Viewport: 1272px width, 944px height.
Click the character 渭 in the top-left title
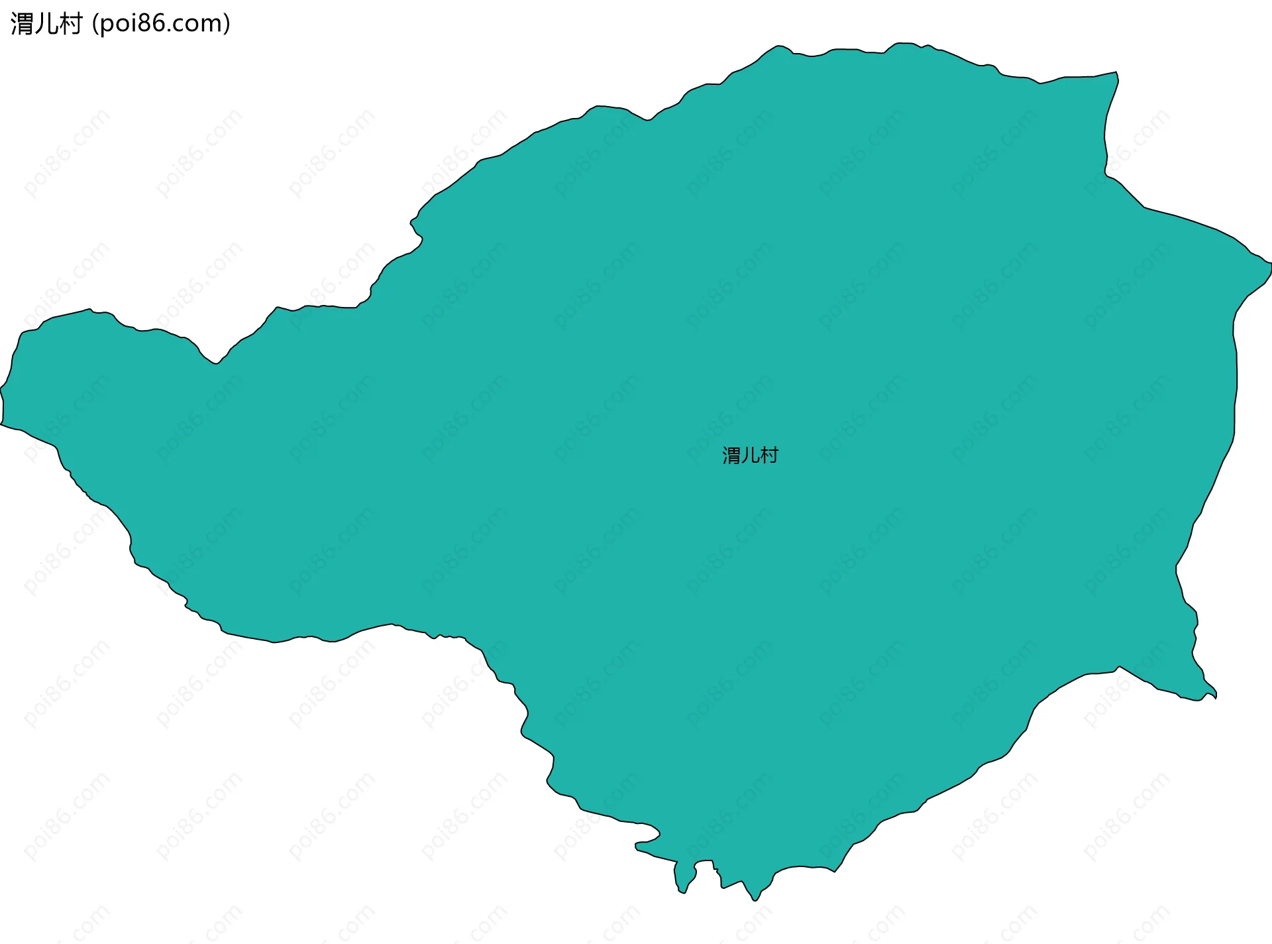point(22,24)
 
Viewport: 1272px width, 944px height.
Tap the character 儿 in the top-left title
point(46,24)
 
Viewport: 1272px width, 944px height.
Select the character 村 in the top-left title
point(70,24)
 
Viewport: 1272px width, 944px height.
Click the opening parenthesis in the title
point(95,24)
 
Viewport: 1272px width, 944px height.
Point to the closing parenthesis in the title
point(227,24)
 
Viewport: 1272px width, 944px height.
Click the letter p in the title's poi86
point(107,25)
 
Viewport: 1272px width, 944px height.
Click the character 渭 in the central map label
point(731,455)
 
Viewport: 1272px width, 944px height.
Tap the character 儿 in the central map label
point(750,455)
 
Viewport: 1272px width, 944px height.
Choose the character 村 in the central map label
point(769,455)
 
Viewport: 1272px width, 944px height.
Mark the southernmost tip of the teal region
point(755,900)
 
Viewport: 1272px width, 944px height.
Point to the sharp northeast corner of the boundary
point(1116,72)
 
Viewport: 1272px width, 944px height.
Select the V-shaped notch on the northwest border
point(214,363)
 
